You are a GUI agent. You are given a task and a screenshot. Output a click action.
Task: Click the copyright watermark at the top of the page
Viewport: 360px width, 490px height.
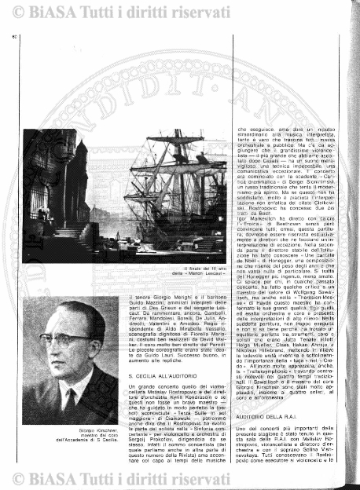(179, 11)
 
